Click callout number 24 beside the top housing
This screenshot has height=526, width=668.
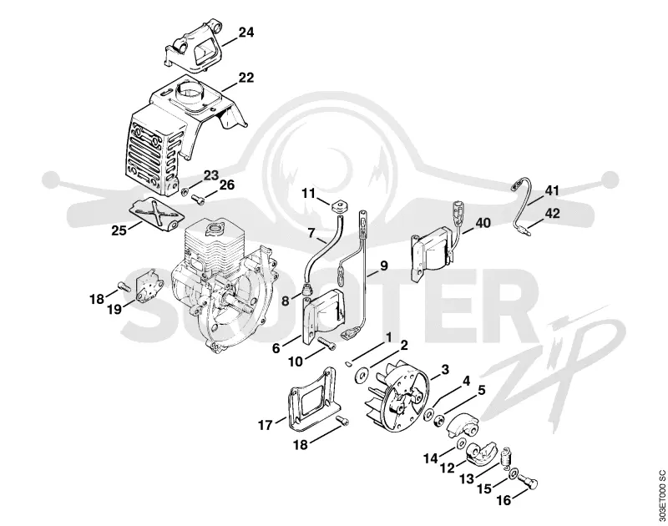(x=245, y=33)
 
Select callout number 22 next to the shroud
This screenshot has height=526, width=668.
(x=245, y=78)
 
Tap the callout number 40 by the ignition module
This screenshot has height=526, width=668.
(x=483, y=223)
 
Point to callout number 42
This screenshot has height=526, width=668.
(x=552, y=213)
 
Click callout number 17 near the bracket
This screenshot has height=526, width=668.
(x=266, y=425)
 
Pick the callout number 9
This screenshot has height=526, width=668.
(x=383, y=266)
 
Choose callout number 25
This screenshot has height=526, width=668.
(x=119, y=230)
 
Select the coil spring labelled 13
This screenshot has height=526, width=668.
(x=507, y=458)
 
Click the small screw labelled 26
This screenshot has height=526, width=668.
(x=199, y=198)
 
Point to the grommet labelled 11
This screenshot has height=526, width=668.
(x=338, y=206)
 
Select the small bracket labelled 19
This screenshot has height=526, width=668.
(x=148, y=286)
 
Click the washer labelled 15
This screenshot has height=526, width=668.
(x=514, y=473)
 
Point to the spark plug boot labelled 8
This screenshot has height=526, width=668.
(x=306, y=291)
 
